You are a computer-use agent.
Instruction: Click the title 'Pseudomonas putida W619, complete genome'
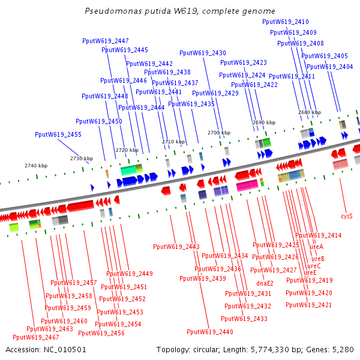[180, 11]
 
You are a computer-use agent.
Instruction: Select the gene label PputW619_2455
[58, 135]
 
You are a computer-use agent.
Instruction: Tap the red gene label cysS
[347, 215]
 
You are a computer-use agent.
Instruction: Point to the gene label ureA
[316, 247]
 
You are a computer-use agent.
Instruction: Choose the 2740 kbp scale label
[36, 165]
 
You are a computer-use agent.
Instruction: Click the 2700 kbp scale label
[219, 133]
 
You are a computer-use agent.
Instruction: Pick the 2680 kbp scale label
[310, 112]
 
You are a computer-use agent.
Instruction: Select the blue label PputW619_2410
[286, 22]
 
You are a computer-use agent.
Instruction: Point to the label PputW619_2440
[210, 332]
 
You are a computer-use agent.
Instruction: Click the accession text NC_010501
[46, 349]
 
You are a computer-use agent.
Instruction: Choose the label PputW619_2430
[203, 53]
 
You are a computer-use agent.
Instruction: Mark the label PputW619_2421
[309, 305]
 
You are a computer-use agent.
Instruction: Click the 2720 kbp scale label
[127, 150]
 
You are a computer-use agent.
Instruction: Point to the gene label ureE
[310, 272]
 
